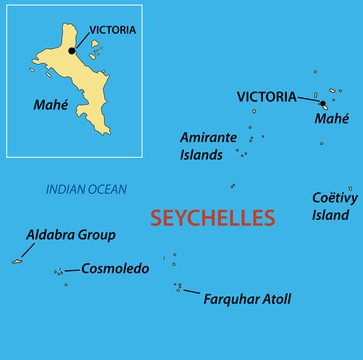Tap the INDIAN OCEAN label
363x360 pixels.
pyautogui.click(x=86, y=189)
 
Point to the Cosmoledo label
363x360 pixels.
pyautogui.click(x=114, y=268)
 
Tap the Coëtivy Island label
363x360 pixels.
pyautogui.click(x=331, y=205)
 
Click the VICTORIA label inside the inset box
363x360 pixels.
pyautogui.click(x=112, y=30)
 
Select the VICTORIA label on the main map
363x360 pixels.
pyautogui.click(x=266, y=97)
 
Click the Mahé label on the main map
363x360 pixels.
pyautogui.click(x=332, y=119)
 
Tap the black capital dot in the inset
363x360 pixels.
pyautogui.click(x=72, y=49)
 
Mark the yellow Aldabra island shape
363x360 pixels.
pyautogui.click(x=17, y=261)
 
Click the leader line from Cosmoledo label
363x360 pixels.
pyautogui.click(x=71, y=270)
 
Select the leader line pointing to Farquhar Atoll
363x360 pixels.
pyautogui.click(x=191, y=291)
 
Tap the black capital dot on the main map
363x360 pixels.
pyautogui.click(x=322, y=103)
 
